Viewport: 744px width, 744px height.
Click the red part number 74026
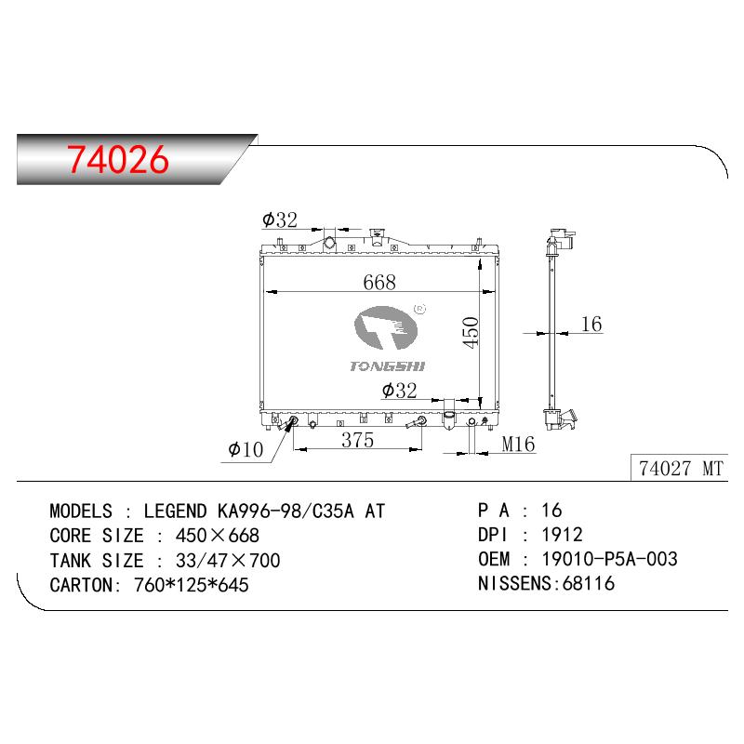click(118, 159)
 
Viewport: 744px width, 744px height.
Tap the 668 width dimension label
click(379, 283)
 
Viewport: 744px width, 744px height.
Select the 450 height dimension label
click(471, 333)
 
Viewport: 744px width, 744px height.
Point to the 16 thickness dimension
click(591, 324)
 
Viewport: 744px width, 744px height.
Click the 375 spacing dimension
click(358, 440)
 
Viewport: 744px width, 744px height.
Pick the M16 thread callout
click(518, 445)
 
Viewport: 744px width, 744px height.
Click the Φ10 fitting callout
click(246, 449)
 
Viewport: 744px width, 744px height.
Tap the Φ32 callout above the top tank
click(280, 219)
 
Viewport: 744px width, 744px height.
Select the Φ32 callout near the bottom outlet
click(400, 391)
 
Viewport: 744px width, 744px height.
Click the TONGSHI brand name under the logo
click(387, 365)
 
